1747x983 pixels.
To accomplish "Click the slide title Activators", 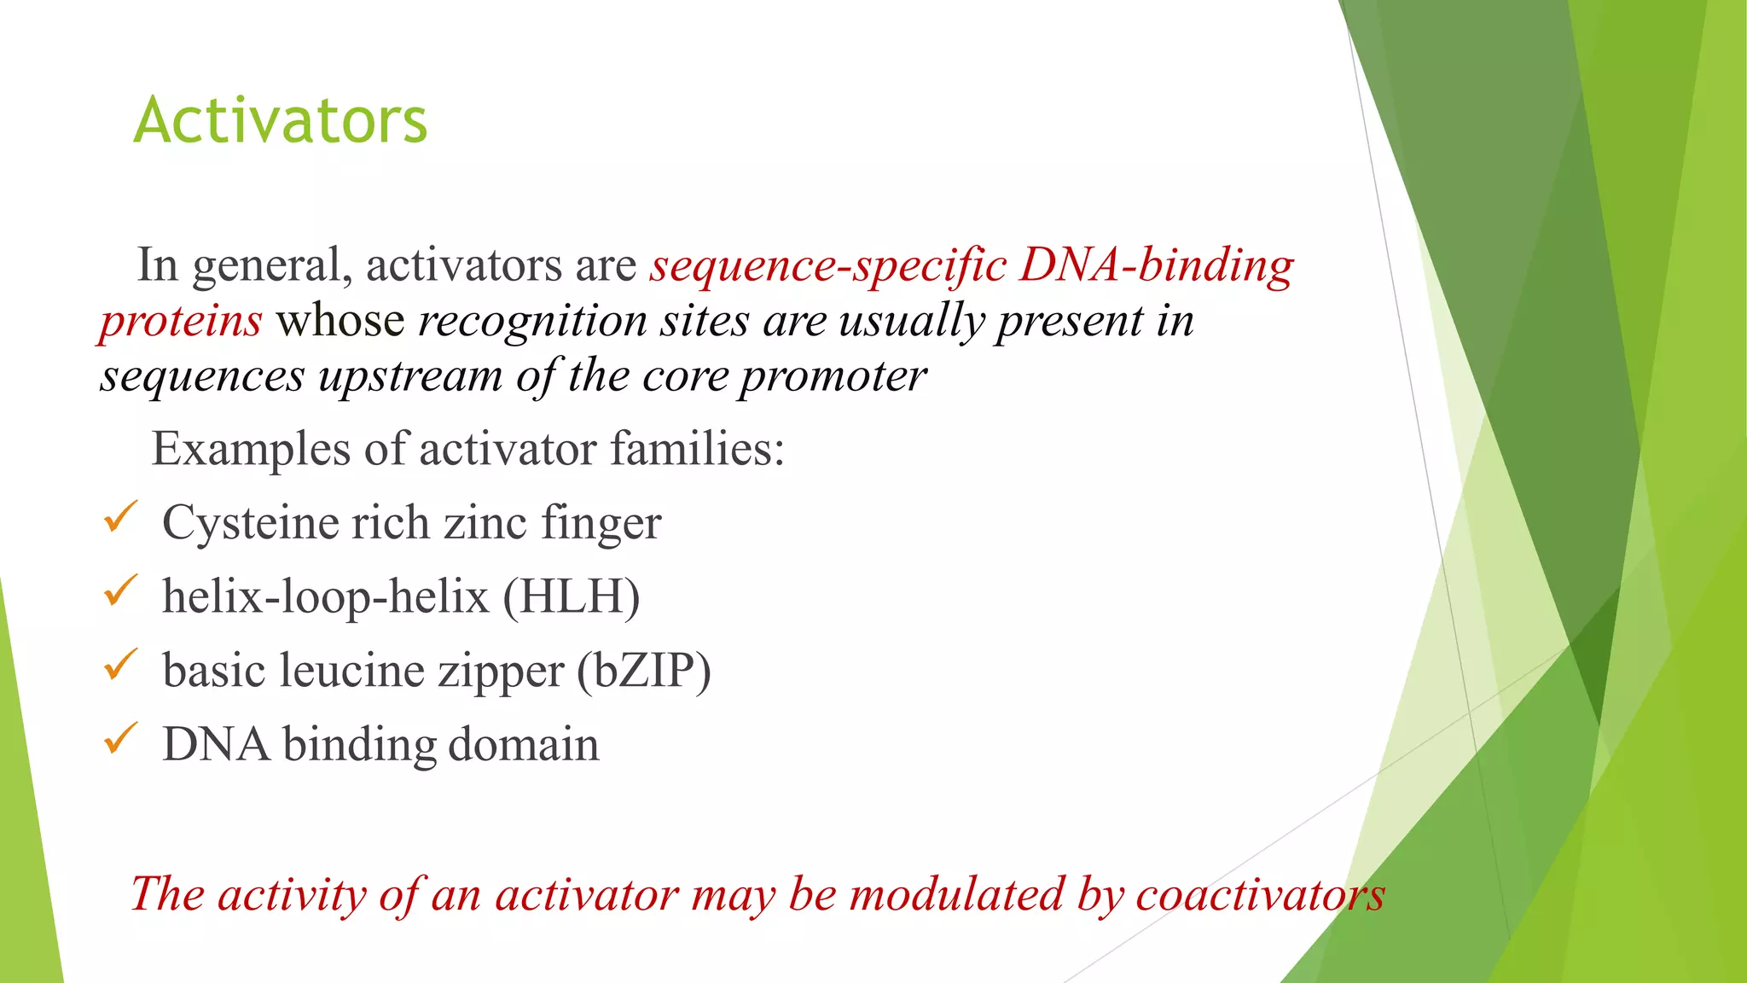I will [x=280, y=120].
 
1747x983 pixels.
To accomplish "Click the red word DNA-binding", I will [x=1156, y=265].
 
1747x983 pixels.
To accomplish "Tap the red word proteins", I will [x=181, y=322].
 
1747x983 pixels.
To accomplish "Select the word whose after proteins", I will [x=340, y=321].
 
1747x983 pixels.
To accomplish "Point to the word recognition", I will [x=532, y=322].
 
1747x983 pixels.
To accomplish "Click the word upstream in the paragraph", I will [x=410, y=376].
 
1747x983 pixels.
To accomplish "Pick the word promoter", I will [x=833, y=376].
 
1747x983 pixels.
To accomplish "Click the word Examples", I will [x=251, y=450].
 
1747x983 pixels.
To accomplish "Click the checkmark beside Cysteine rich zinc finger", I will [x=120, y=517].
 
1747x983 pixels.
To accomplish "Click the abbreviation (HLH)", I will [x=572, y=596].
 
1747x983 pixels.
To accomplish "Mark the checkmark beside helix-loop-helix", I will [x=120, y=590].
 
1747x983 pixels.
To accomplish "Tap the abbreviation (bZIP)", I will [x=643, y=671].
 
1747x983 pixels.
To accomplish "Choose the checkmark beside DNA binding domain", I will [x=120, y=738].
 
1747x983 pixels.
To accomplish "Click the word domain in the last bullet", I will [x=523, y=744].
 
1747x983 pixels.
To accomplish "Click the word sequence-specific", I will [x=827, y=265].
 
